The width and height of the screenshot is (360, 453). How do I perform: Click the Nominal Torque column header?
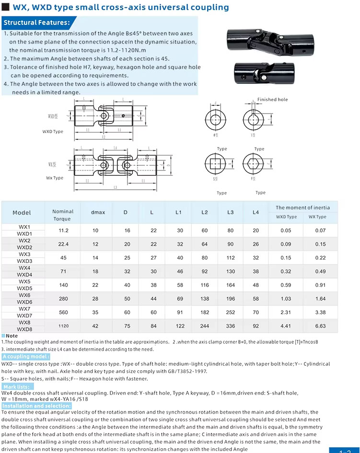(63, 215)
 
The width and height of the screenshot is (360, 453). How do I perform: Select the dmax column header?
(98, 212)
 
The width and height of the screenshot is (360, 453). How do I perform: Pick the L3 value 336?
(231, 326)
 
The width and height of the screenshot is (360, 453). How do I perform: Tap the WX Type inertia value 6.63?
(320, 326)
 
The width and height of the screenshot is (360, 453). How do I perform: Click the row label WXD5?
(24, 289)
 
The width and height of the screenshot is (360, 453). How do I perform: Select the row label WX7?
(24, 309)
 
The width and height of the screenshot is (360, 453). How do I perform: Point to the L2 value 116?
(205, 285)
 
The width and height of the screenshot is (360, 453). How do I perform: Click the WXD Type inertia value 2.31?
(286, 312)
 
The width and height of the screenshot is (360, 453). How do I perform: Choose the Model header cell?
(22, 213)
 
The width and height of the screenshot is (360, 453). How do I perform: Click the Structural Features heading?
(37, 23)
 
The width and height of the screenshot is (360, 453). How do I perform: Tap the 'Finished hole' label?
(273, 100)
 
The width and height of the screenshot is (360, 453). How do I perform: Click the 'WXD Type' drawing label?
(53, 132)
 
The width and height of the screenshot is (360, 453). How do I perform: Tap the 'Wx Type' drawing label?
(55, 178)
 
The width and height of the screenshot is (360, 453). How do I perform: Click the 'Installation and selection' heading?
(36, 406)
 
